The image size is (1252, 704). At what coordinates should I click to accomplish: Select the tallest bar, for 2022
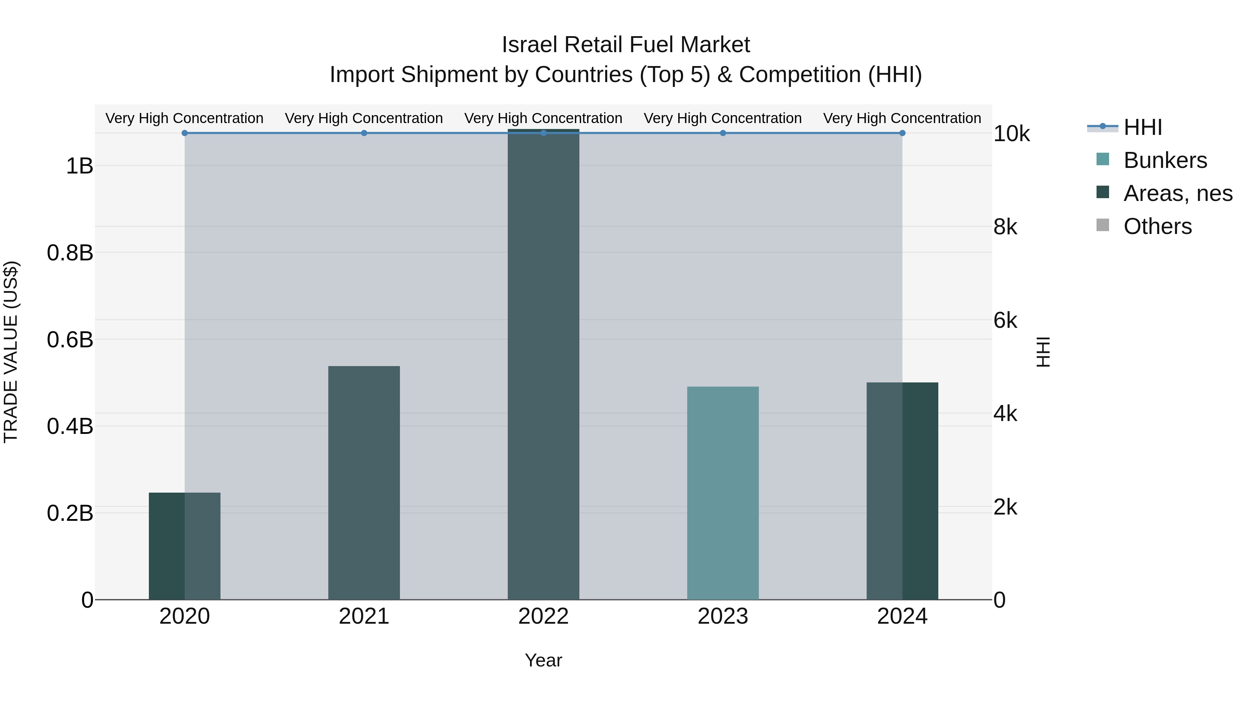[x=543, y=364]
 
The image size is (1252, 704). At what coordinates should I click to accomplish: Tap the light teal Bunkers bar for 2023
[x=723, y=493]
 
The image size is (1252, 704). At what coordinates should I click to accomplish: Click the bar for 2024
[x=902, y=491]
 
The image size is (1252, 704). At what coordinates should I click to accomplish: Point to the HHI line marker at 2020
[x=184, y=133]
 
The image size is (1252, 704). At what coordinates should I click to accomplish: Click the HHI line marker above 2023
[x=723, y=133]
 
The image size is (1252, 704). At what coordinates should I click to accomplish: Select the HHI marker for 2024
[x=902, y=133]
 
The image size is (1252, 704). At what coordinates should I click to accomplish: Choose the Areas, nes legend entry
[x=1177, y=193]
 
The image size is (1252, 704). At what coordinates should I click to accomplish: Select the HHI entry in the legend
[x=1142, y=127]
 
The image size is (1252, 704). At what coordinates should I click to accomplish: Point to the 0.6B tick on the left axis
[x=70, y=340]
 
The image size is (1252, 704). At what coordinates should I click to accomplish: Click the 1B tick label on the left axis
[x=79, y=166]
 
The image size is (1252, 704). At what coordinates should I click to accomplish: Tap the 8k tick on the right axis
[x=1005, y=227]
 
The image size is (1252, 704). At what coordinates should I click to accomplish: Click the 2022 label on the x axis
[x=543, y=616]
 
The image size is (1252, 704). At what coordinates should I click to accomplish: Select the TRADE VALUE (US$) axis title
[x=11, y=352]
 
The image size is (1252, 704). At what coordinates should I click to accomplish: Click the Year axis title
[x=543, y=660]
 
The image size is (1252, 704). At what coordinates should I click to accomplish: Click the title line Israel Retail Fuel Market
[x=626, y=45]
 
